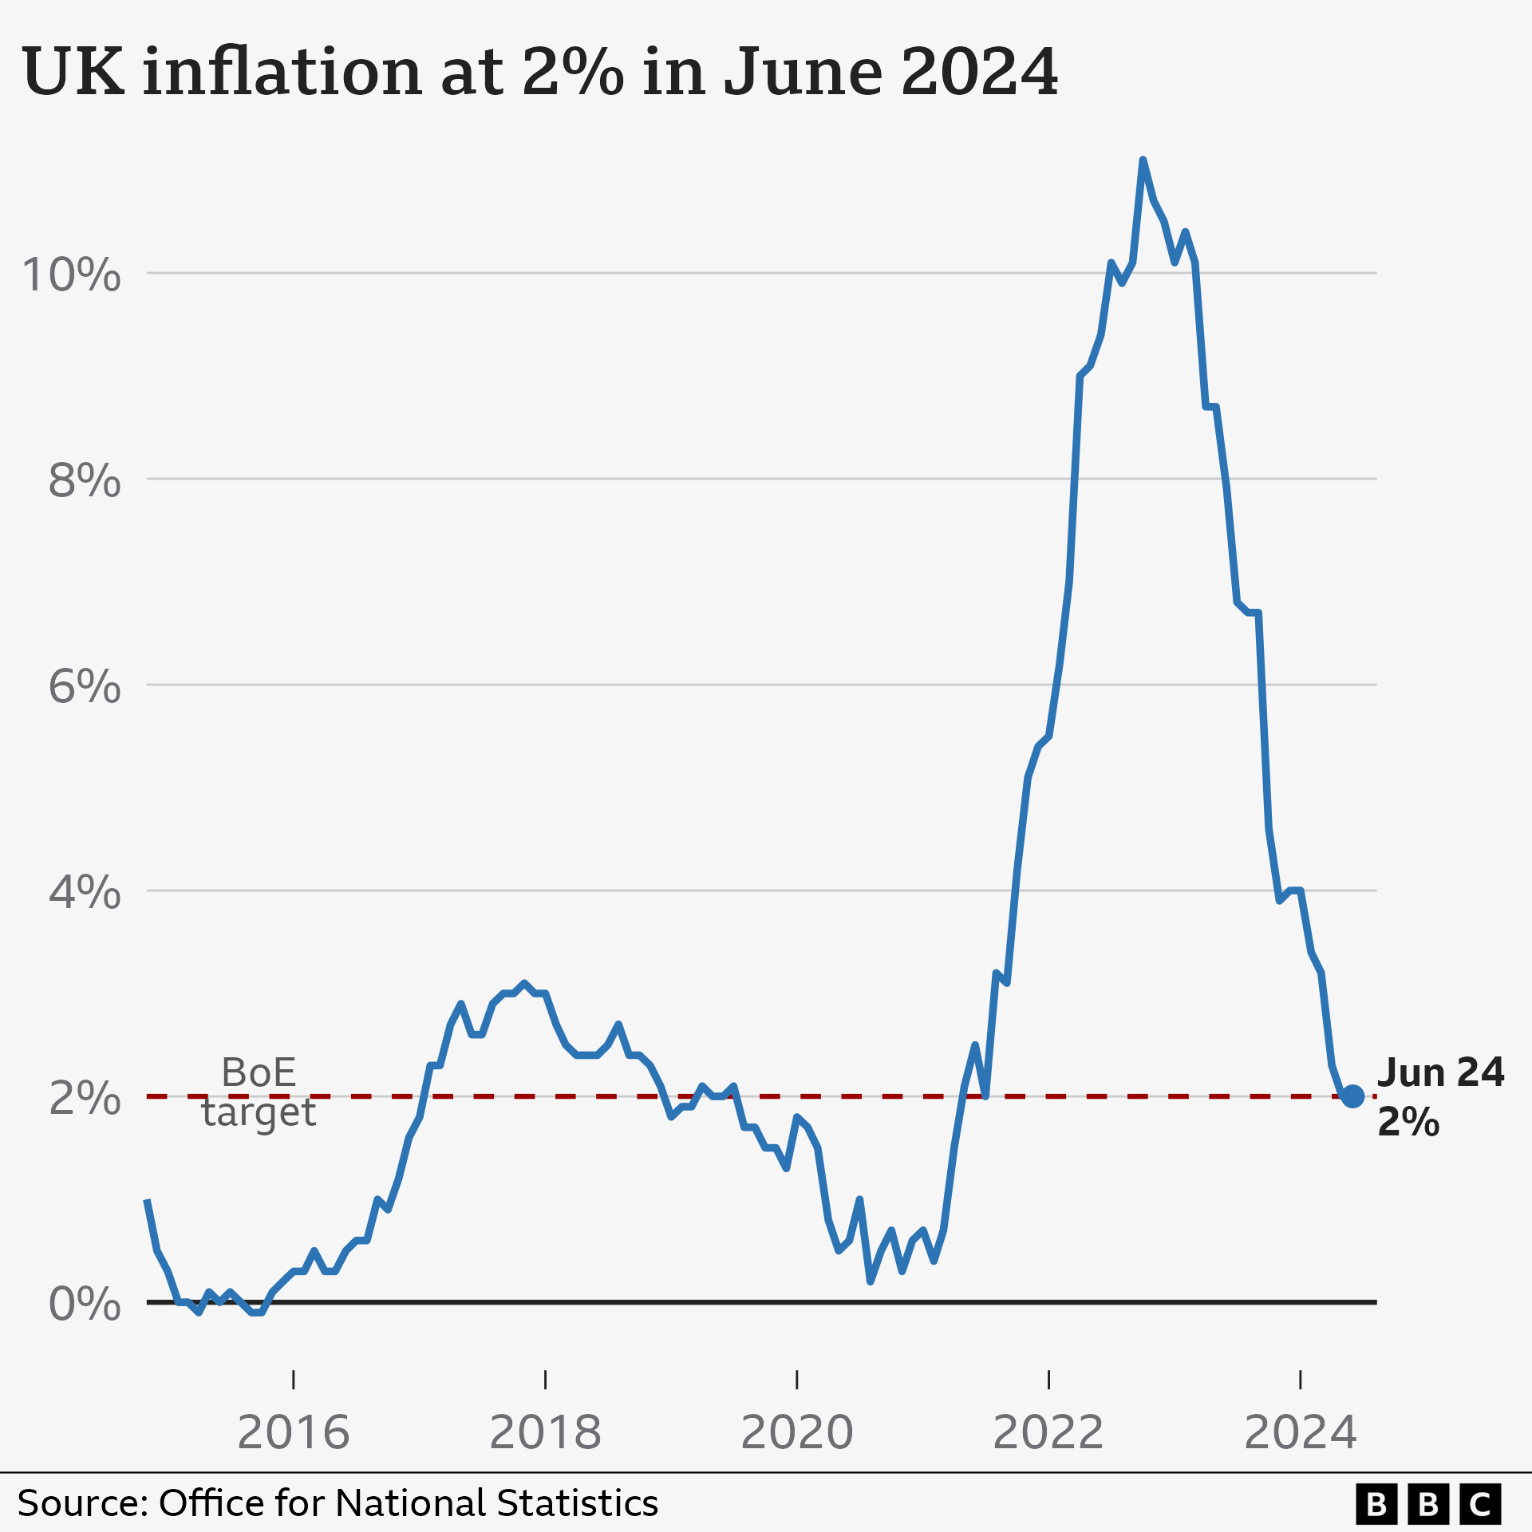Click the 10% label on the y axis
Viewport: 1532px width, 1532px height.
72,275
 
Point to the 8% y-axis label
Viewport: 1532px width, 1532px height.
85,481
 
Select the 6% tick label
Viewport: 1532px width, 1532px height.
85,686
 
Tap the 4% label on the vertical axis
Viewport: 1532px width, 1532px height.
85,892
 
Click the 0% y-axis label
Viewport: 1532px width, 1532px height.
85,1305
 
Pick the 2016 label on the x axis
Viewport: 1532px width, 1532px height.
294,1432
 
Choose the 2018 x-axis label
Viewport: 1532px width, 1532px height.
545,1432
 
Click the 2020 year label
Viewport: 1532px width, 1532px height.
797,1432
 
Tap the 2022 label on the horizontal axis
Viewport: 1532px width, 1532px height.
1048,1432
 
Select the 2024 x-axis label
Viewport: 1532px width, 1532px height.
1301,1432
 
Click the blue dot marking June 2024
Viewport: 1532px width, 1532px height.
1352,1096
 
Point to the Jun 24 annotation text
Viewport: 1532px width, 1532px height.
1440,1072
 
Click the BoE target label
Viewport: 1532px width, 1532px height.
259,1092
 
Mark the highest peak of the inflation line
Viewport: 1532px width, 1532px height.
1143,160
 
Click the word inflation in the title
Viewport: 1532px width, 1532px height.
282,72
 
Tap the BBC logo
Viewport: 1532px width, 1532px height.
1428,1504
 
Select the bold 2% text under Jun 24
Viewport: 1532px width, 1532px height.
1408,1123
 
